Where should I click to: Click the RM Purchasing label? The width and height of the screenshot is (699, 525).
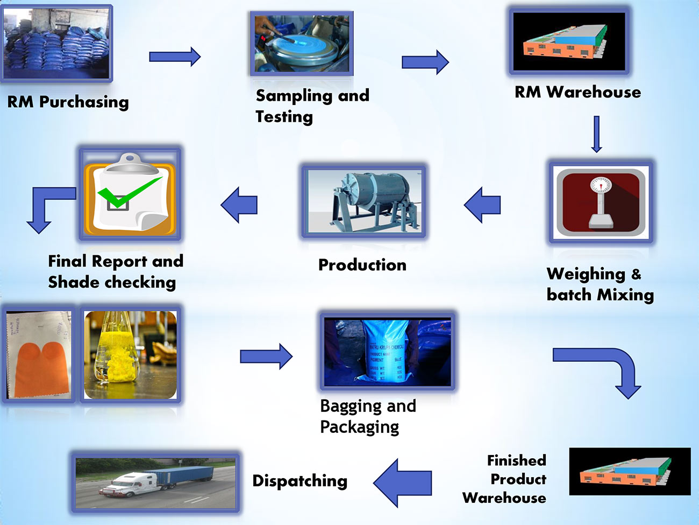click(68, 102)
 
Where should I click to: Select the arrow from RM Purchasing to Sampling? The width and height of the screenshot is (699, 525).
click(175, 57)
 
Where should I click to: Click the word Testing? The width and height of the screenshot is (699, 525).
click(284, 117)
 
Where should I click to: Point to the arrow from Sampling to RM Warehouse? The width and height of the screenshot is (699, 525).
click(425, 62)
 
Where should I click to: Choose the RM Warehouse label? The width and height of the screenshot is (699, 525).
click(577, 92)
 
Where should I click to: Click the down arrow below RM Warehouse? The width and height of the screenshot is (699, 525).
click(596, 134)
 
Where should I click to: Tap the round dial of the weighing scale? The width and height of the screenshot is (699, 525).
click(600, 185)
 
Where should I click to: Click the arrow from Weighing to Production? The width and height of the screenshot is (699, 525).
click(482, 205)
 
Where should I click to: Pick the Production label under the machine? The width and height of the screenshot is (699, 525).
click(362, 265)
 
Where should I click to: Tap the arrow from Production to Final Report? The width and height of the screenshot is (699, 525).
click(239, 205)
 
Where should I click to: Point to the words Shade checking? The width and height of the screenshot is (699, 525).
click(112, 282)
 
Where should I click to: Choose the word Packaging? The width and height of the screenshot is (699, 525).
click(359, 427)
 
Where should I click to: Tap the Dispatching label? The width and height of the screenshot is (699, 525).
click(299, 481)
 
